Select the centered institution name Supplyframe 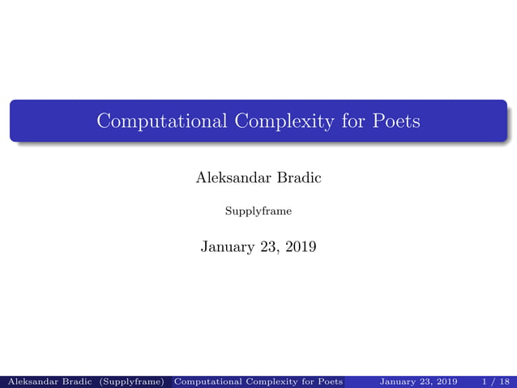click(258, 212)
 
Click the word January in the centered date click(229, 246)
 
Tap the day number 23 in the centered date click(271, 246)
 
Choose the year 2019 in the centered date click(301, 246)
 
